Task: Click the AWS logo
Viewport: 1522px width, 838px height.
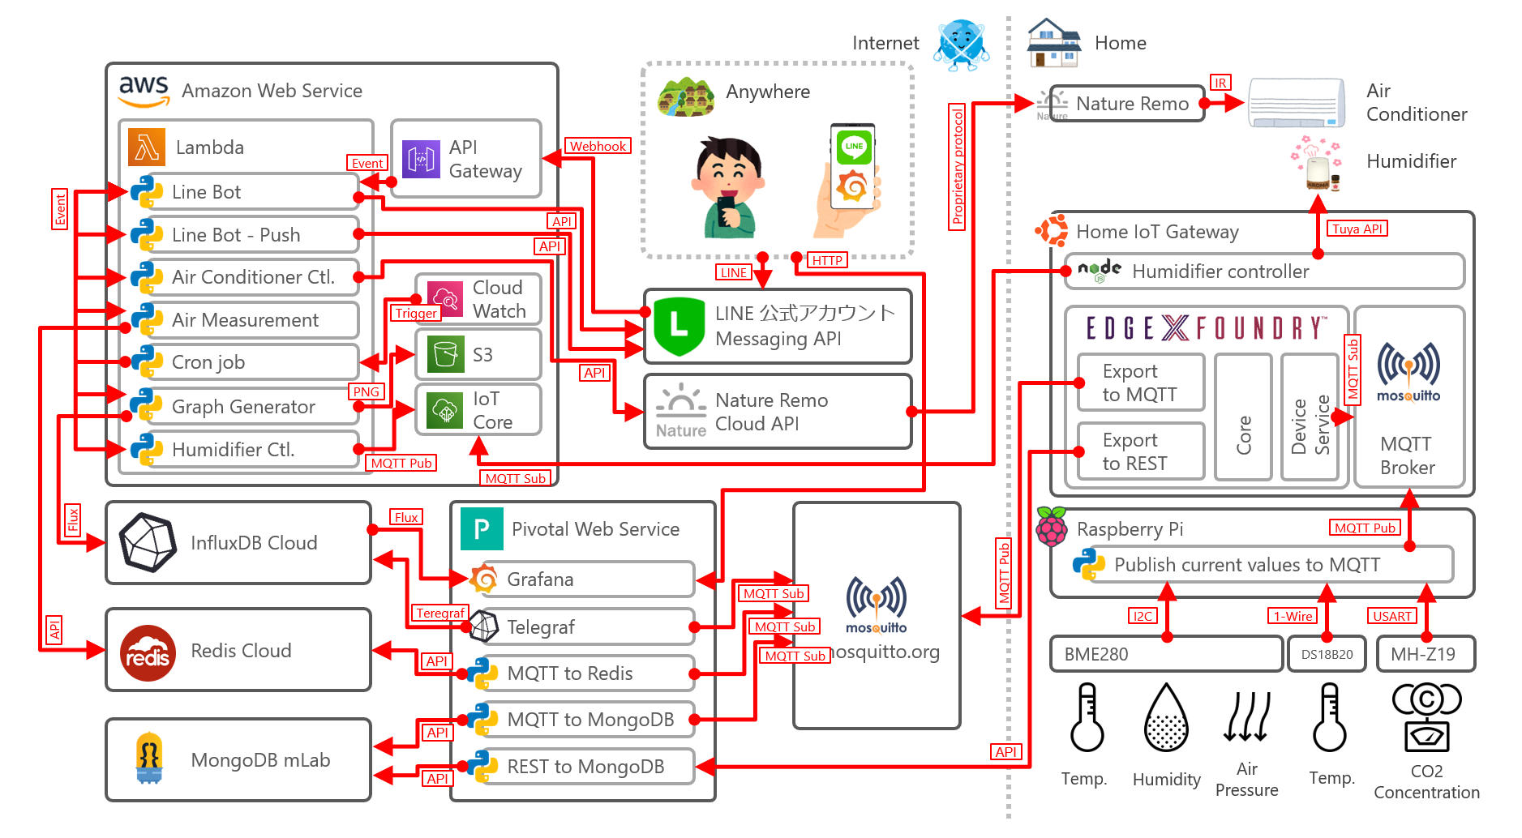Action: (x=144, y=91)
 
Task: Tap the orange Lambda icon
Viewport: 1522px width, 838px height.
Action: (x=147, y=147)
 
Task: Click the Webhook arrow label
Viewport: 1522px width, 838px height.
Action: (x=598, y=146)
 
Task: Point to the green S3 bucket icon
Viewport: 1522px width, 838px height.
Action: (x=445, y=354)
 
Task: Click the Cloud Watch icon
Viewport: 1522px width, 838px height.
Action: (x=445, y=299)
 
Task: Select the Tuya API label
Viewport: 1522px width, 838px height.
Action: (x=1357, y=229)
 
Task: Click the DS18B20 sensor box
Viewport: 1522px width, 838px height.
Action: (x=1327, y=654)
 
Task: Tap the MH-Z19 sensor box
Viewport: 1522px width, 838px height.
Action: (x=1424, y=654)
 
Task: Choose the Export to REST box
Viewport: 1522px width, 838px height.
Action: (x=1140, y=451)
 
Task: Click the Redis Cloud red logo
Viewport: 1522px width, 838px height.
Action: (x=148, y=652)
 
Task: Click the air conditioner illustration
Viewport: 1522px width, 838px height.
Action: (x=1295, y=103)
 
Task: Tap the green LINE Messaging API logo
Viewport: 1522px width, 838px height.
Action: (x=679, y=327)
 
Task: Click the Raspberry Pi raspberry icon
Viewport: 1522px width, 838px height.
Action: (x=1052, y=528)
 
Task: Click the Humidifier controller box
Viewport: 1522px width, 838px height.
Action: (x=1265, y=271)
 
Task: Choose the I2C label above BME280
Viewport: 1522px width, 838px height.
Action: (x=1143, y=616)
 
